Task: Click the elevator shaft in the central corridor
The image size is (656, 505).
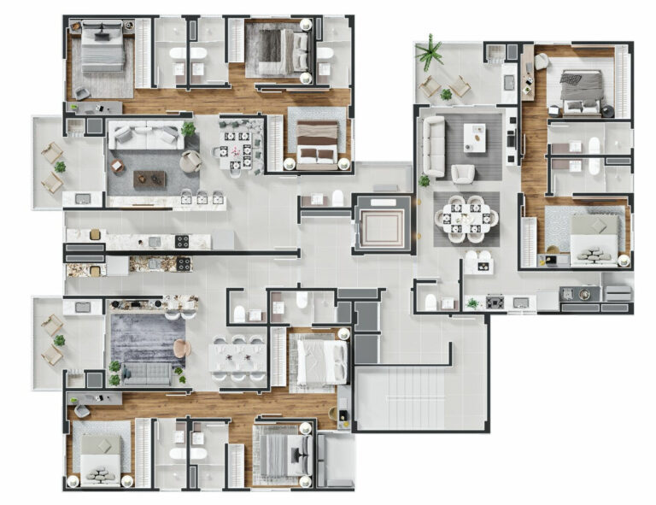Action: [382, 224]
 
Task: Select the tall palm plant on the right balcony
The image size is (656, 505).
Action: [430, 52]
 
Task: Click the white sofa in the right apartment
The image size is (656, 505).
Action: [434, 145]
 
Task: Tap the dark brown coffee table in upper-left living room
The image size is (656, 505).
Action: [149, 178]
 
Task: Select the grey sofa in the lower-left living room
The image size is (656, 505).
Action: [146, 374]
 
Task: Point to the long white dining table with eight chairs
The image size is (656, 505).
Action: [238, 357]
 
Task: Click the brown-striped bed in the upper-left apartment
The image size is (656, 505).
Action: [316, 143]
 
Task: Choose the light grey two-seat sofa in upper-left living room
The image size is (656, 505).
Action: [146, 136]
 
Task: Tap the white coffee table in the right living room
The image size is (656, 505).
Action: [475, 137]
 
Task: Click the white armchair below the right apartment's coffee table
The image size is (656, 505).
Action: [463, 174]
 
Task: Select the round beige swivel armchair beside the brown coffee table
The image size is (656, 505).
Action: [192, 161]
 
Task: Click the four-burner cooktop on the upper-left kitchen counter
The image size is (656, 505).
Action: [182, 241]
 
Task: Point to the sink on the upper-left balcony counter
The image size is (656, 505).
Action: [83, 198]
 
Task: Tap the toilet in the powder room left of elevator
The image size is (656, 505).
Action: [338, 198]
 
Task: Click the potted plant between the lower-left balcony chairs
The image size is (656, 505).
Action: [59, 340]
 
